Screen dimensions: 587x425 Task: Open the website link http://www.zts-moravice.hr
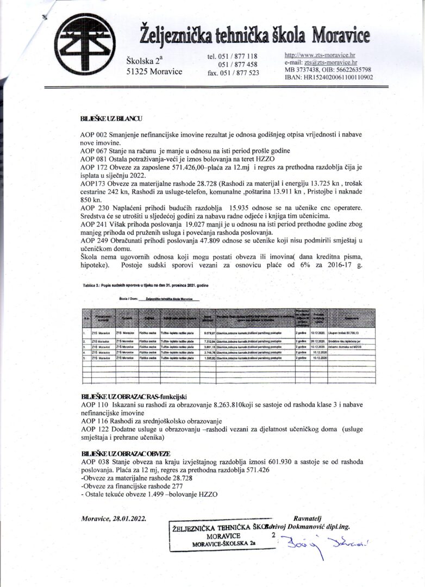(x=320, y=55)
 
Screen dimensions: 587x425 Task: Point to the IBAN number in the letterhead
(x=328, y=77)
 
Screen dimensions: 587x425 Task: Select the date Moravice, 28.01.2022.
(x=113, y=519)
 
